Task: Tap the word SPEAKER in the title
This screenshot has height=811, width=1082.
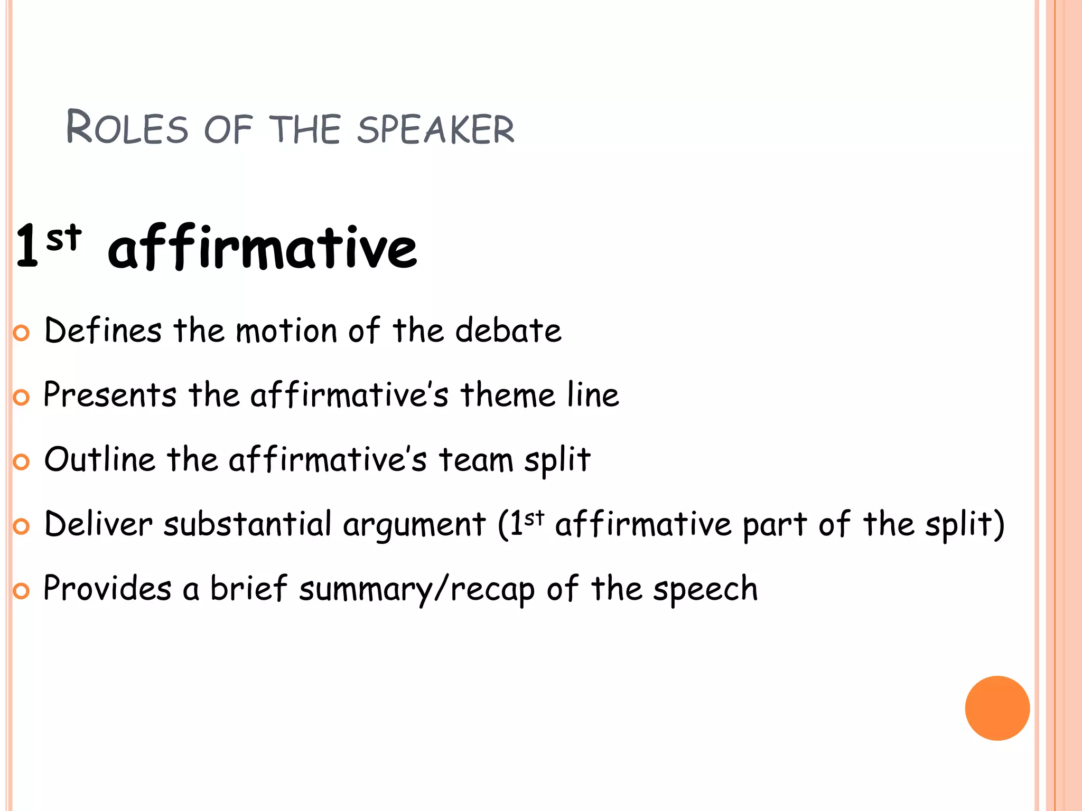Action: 435,129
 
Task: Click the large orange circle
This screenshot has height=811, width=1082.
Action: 997,708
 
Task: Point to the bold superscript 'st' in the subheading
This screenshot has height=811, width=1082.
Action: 63,238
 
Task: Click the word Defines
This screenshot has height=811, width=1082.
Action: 103,331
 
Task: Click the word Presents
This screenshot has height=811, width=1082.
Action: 110,395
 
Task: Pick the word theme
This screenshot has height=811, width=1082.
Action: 508,395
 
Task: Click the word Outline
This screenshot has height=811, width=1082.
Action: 100,459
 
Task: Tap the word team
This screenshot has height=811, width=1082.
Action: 475,459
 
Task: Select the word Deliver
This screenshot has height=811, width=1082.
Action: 98,524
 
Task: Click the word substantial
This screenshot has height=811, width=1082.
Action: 247,524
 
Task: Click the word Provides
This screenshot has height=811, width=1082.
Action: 107,588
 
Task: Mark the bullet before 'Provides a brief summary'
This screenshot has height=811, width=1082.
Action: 21,591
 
